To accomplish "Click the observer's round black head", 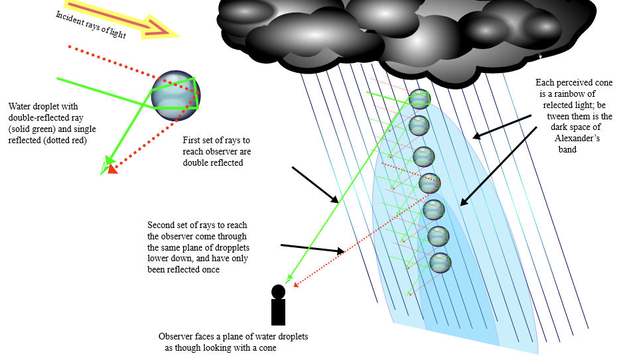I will coord(278,291).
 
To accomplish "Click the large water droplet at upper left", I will coord(175,96).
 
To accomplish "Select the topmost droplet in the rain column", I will coord(419,99).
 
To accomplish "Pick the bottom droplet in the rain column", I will coord(441,263).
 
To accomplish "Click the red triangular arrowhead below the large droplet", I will coord(112,168).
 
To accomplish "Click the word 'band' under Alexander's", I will coord(568,150).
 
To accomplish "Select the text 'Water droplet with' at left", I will coord(40,107).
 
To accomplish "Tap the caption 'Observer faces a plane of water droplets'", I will coord(234,337).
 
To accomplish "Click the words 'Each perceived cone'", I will coord(570,83).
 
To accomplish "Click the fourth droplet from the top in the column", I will coord(429,182).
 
